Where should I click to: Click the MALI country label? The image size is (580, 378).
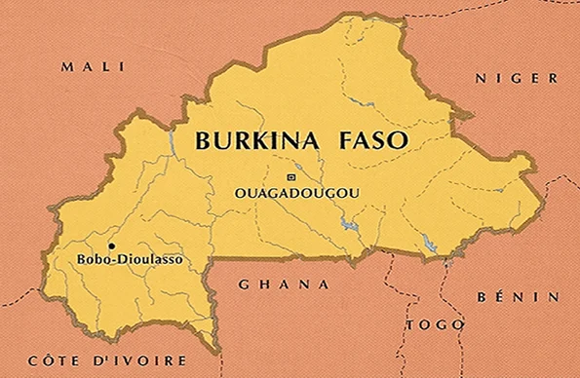pyautogui.click(x=93, y=66)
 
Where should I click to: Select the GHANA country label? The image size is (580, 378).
pyautogui.click(x=282, y=284)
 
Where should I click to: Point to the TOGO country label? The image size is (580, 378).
pyautogui.click(x=429, y=324)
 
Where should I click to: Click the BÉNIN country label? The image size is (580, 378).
pyautogui.click(x=519, y=296)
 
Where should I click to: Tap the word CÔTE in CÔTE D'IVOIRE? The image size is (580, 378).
pyautogui.click(x=51, y=360)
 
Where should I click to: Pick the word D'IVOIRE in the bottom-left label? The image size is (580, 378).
pyautogui.click(x=118, y=360)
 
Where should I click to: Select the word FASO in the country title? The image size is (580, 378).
pyautogui.click(x=372, y=140)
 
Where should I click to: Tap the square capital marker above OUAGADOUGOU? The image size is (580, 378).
pyautogui.click(x=290, y=176)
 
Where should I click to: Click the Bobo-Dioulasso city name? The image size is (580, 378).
pyautogui.click(x=129, y=260)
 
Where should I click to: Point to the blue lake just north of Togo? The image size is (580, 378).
pyautogui.click(x=429, y=245)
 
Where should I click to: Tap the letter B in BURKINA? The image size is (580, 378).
pyautogui.click(x=203, y=140)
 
